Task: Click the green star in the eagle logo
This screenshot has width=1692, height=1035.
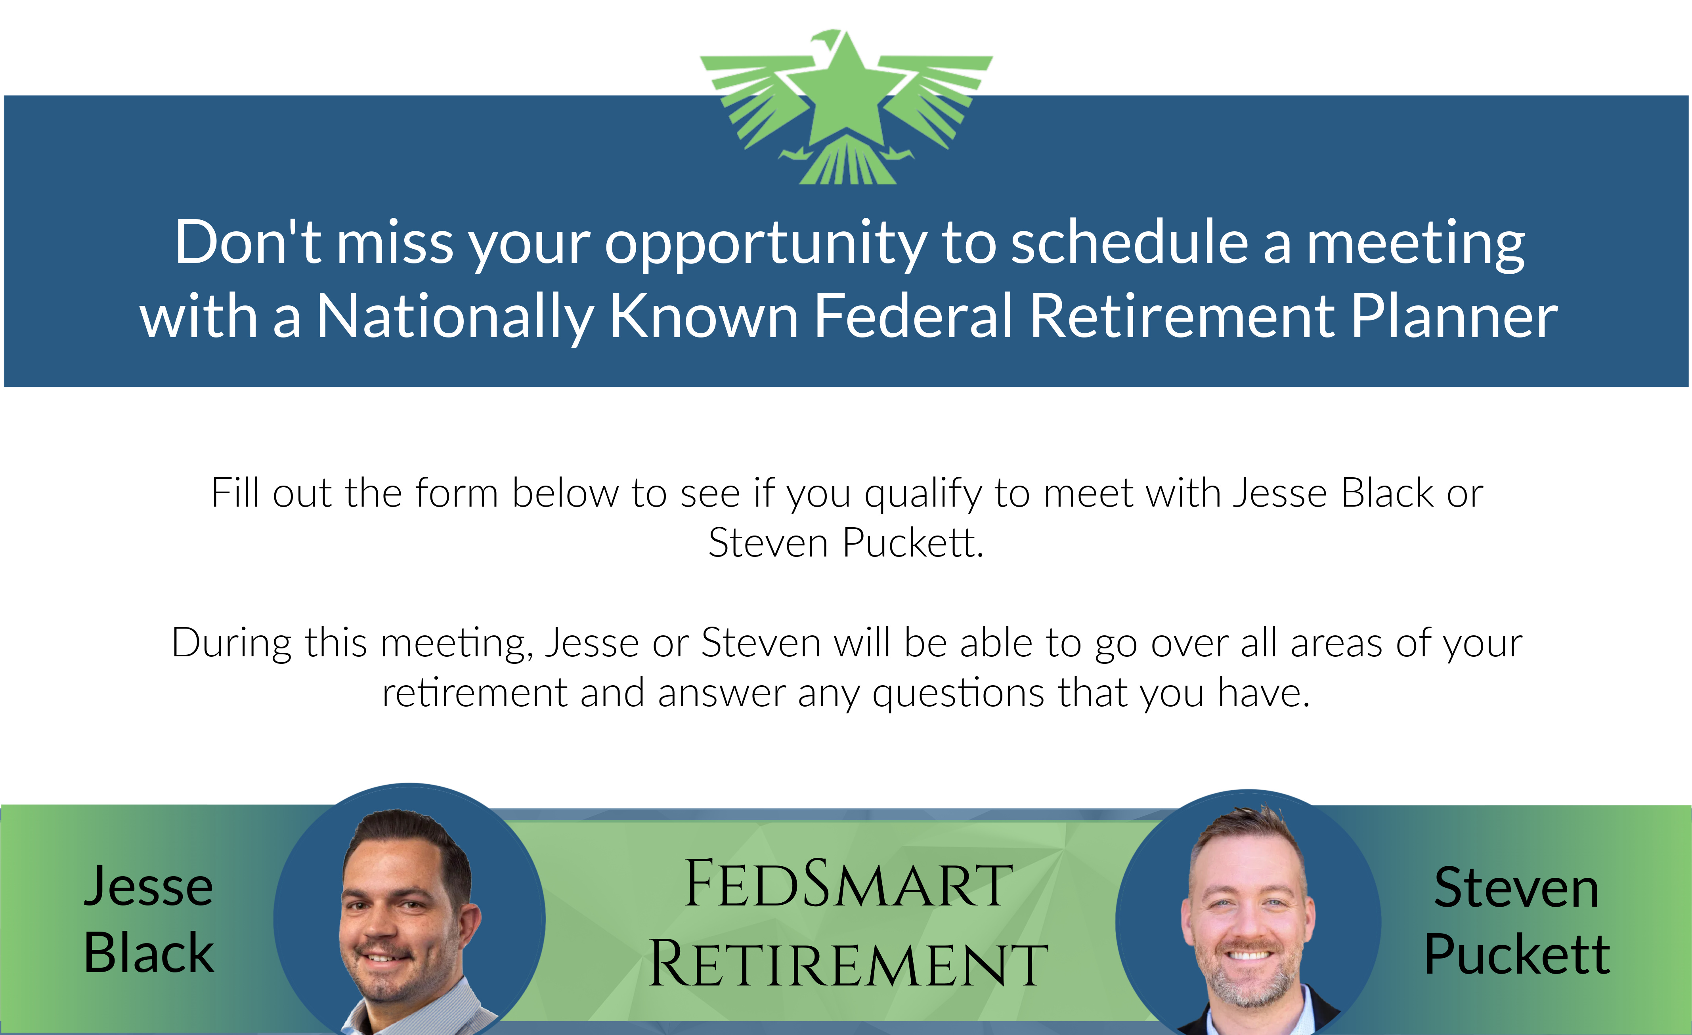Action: tap(846, 93)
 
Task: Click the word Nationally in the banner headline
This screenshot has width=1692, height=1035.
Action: tap(455, 317)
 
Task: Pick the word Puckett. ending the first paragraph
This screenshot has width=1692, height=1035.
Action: tap(913, 543)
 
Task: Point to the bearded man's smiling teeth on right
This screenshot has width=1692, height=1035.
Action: tap(1248, 955)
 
